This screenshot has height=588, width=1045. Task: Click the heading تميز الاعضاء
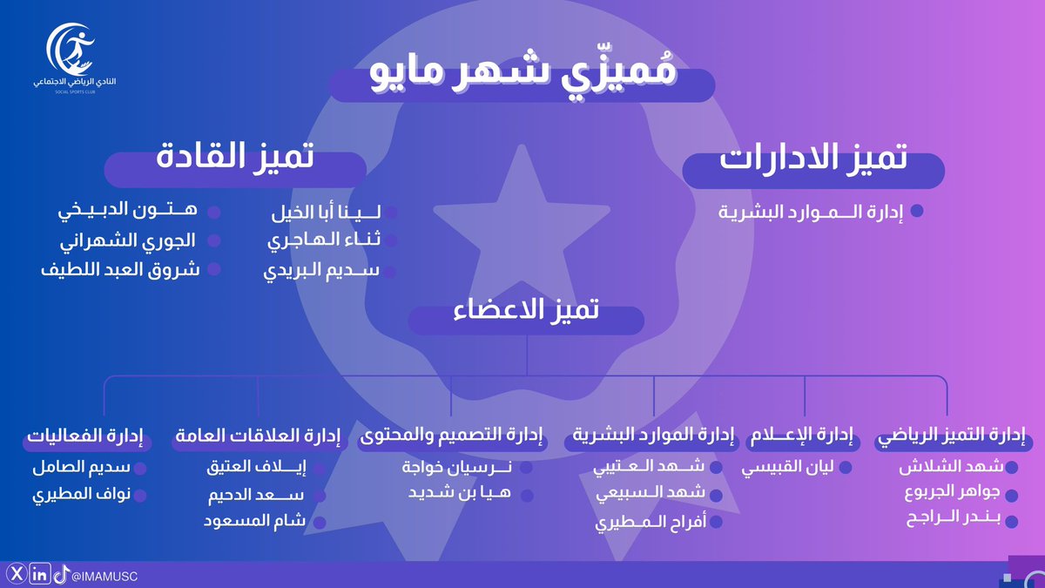[x=527, y=311]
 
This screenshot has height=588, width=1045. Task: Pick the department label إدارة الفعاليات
[x=85, y=435]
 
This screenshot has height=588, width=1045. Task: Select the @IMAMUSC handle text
[x=105, y=575]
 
